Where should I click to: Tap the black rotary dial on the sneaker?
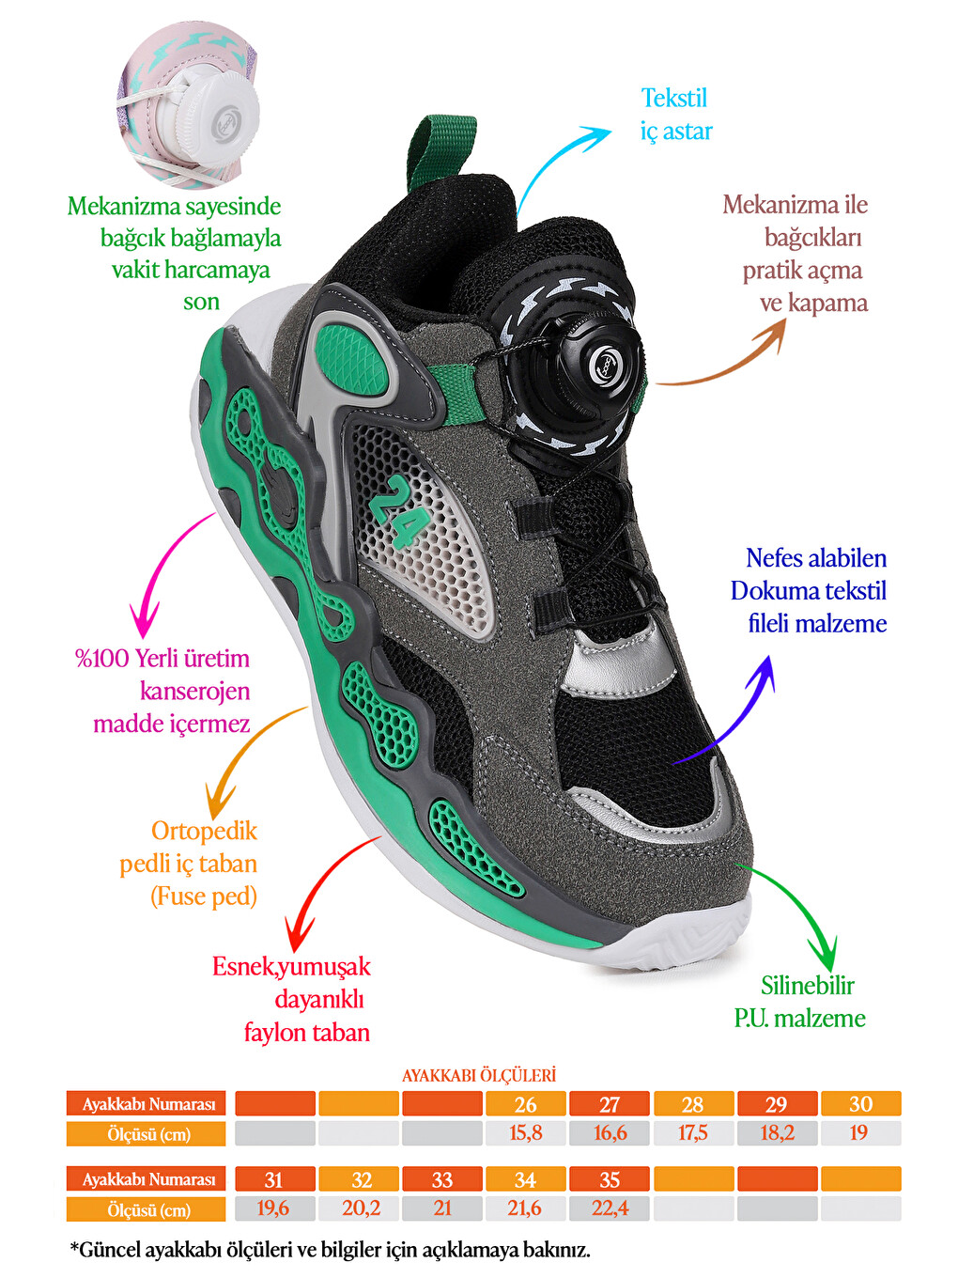point(575,362)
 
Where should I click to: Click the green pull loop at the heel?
point(440,152)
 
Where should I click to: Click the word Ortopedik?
point(204,831)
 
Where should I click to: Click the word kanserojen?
point(194,691)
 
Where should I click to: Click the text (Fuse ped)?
point(204,896)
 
